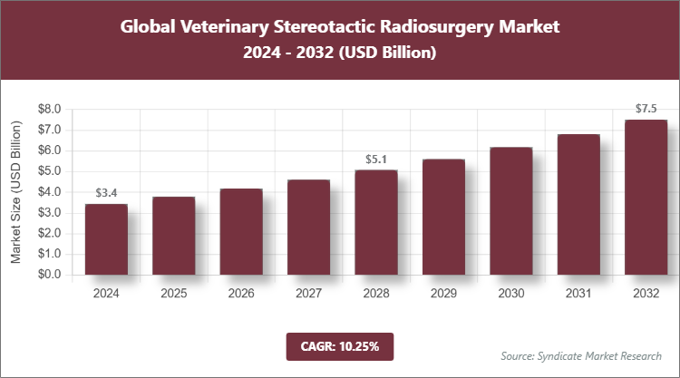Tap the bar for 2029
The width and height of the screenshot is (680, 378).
click(442, 218)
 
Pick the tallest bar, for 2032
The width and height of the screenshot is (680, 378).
click(646, 198)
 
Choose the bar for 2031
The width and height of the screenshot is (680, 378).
click(578, 205)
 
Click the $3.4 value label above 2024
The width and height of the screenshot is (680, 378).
click(106, 193)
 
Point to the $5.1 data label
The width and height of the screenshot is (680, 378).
click(375, 159)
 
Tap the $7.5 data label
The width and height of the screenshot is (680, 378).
click(646, 109)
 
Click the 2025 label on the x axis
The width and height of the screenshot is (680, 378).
click(173, 293)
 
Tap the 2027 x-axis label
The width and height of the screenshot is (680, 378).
click(308, 293)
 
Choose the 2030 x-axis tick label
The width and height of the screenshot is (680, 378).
click(510, 293)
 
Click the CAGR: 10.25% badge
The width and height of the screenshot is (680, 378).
click(339, 345)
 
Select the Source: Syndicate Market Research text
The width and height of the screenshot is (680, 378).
click(581, 354)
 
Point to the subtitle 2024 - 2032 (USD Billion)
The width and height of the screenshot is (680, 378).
click(340, 53)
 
